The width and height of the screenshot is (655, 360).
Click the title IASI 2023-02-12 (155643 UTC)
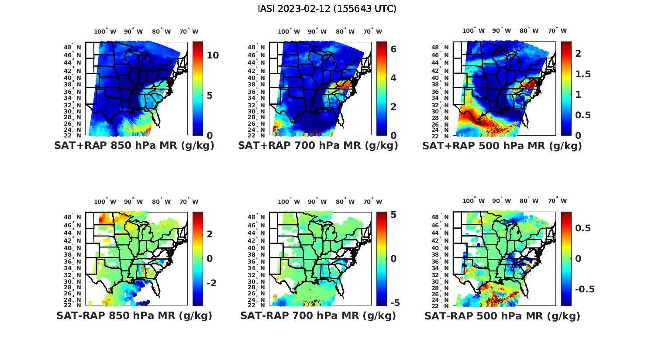(x=327, y=9)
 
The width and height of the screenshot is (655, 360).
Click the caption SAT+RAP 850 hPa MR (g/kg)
(x=134, y=146)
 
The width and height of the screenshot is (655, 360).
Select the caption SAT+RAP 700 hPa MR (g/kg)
(x=318, y=146)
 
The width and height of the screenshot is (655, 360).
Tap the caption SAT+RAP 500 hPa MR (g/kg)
(x=502, y=146)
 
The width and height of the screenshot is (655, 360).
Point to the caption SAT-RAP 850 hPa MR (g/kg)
(x=134, y=315)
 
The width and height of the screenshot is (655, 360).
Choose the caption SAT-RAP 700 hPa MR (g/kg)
(x=318, y=315)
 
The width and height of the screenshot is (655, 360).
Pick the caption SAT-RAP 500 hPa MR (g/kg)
(x=502, y=315)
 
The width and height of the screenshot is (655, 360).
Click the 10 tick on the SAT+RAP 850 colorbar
(x=213, y=55)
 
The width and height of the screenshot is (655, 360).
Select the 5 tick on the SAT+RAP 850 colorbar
(x=210, y=95)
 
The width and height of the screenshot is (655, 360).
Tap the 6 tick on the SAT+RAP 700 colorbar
(x=393, y=49)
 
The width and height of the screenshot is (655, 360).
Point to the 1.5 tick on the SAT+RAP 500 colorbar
(x=583, y=74)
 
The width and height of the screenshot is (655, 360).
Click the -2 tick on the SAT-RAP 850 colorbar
(x=211, y=283)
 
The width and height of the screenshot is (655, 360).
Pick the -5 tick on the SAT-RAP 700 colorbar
(x=394, y=302)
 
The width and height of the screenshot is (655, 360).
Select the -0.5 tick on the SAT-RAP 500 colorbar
(x=585, y=289)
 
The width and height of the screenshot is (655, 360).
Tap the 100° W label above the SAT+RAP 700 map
(x=289, y=31)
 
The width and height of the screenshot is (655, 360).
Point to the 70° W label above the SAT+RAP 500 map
(x=558, y=31)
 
